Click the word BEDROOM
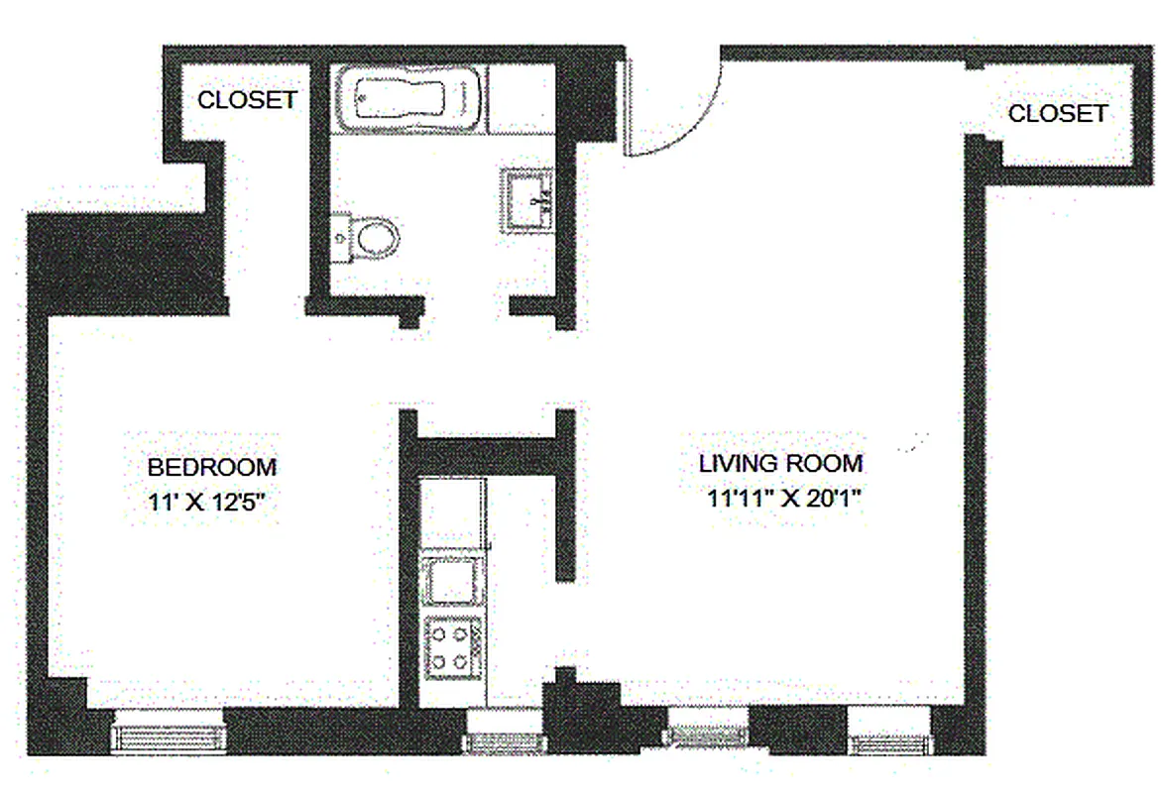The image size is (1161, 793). [212, 467]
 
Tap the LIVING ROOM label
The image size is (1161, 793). [780, 463]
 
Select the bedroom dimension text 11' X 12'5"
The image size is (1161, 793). [211, 502]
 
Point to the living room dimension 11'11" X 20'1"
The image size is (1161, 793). [782, 499]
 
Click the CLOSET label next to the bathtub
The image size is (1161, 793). [247, 100]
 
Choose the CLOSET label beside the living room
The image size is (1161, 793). [1057, 114]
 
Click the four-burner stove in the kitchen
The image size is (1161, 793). [452, 645]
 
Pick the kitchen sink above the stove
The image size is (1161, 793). [452, 581]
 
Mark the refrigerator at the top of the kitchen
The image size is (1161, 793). [452, 510]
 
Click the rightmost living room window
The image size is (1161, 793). [890, 738]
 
